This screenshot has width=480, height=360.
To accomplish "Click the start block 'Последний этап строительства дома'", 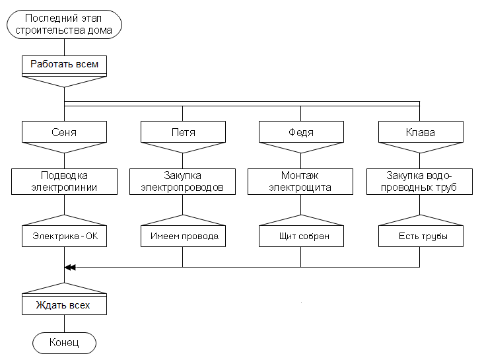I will click(x=64, y=24).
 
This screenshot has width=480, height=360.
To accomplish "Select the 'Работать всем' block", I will click(x=64, y=65).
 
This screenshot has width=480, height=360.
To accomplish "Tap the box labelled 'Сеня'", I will click(x=64, y=132).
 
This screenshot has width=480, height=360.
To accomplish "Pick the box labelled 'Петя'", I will click(x=183, y=132).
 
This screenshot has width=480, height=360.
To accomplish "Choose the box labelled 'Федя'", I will click(x=301, y=132).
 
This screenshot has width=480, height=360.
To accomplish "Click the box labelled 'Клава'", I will click(x=420, y=132).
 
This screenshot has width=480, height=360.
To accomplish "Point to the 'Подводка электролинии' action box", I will click(x=64, y=181).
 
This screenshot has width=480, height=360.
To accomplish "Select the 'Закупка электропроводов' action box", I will click(x=183, y=181).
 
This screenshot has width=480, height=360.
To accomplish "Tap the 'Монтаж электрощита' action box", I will click(x=301, y=181).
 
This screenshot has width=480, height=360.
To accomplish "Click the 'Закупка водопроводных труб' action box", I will click(x=420, y=181).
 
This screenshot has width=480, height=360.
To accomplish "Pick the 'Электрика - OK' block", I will click(x=64, y=236).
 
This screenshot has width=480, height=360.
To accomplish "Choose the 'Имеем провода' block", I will click(x=183, y=236).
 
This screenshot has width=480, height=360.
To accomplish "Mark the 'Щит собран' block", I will click(x=301, y=236).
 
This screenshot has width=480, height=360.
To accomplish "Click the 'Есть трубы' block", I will click(x=420, y=236).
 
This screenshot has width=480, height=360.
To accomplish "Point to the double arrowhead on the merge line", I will click(x=70, y=267).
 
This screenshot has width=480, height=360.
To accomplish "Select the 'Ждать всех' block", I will click(x=64, y=306).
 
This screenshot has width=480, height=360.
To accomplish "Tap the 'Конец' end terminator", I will click(x=64, y=343).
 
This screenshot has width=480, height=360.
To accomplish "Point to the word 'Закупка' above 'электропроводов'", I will click(x=183, y=176).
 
